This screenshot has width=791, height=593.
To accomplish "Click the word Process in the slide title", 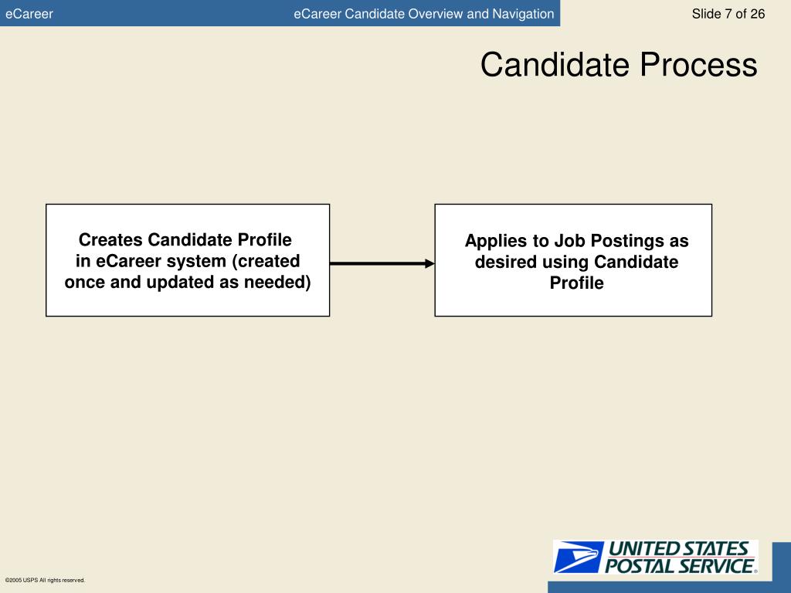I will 698,65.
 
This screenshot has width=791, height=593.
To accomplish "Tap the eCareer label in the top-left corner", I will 29,14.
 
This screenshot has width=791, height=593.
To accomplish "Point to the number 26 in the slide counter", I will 757,14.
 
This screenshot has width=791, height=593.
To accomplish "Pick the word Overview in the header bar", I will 436,14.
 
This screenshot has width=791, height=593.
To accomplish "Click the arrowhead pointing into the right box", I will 429,263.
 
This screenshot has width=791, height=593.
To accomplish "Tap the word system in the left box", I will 197,261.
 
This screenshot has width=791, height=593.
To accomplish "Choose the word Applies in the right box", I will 495,241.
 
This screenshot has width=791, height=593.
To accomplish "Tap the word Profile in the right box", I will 576,283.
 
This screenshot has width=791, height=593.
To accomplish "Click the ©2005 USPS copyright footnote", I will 45,580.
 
